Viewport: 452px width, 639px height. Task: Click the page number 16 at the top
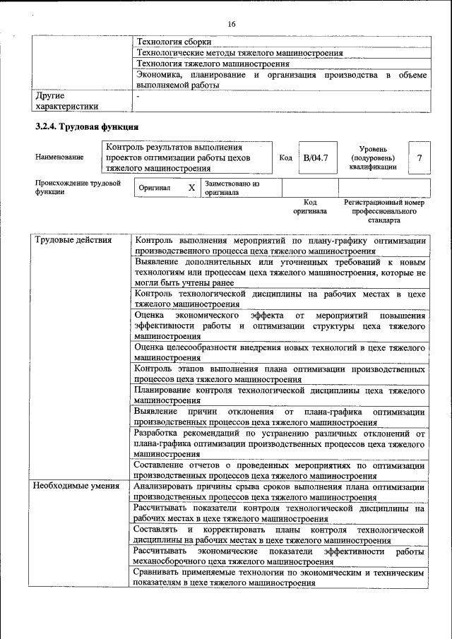point(231,25)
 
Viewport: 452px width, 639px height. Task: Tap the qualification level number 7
point(420,157)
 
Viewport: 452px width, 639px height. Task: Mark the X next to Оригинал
point(191,189)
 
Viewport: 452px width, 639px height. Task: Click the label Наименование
point(59,157)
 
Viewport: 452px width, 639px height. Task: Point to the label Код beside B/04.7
point(285,157)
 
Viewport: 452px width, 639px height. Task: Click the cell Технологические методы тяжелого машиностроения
point(239,53)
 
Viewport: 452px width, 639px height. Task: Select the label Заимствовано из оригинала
point(232,188)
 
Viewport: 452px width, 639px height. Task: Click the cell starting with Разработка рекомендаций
point(280,444)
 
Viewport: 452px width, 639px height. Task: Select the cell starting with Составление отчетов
point(280,471)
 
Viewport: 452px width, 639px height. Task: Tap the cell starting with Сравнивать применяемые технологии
point(280,579)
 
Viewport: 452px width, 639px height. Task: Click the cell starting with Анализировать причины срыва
point(280,492)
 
